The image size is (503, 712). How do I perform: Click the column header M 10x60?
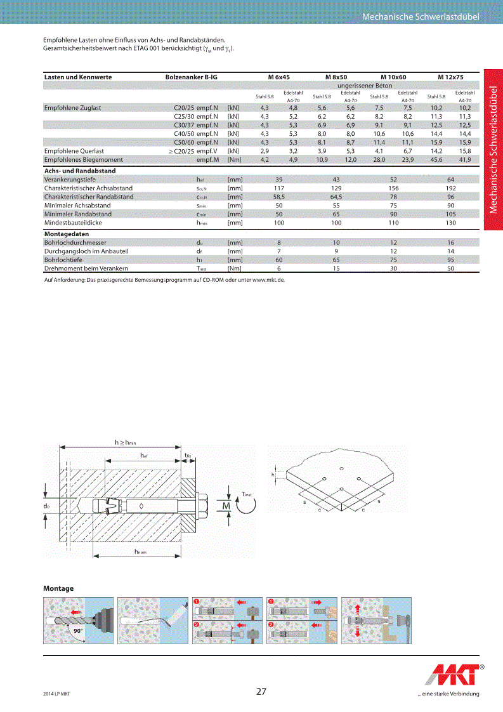click(393, 77)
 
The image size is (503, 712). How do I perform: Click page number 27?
click(261, 691)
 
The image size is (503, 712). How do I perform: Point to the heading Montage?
click(58, 588)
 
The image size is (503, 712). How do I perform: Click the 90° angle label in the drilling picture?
click(78, 631)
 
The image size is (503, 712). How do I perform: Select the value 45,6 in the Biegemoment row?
click(436, 160)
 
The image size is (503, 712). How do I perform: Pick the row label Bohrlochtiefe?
click(63, 260)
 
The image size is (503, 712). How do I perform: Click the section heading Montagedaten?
click(66, 234)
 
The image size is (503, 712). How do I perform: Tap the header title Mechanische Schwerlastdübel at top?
click(421, 16)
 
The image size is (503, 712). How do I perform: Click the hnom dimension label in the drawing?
click(140, 553)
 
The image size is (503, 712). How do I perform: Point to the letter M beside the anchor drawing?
click(226, 505)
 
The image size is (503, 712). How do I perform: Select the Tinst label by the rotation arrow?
click(247, 494)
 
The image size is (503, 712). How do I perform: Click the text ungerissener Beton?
click(365, 85)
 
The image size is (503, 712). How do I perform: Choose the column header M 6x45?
click(279, 77)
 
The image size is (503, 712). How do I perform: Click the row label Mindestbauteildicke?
click(73, 223)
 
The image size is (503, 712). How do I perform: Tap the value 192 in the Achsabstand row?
click(450, 188)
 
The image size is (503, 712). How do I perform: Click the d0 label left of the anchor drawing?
click(46, 506)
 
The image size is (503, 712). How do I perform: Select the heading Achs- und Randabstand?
click(79, 171)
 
